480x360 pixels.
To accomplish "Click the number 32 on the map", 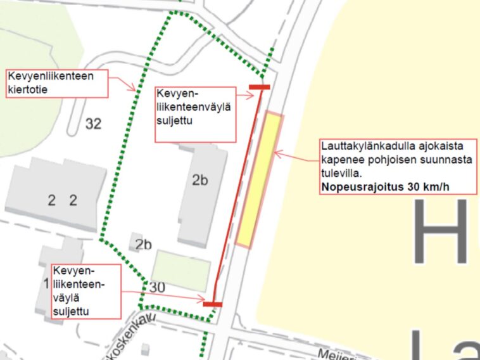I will pos(92,124).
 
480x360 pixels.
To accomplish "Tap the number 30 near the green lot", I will pos(157,287).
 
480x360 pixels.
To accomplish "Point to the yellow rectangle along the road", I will pos(260,179).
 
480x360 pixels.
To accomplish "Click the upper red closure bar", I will pos(260,87).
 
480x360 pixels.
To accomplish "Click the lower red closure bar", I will pos(213,304).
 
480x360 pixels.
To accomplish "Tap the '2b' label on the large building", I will pos(199,179).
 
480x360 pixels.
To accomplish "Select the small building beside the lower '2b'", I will pos(136,241).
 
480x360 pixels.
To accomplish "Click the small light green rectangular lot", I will pos(180,271).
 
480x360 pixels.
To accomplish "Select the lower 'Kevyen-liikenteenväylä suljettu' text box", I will pos(87,291).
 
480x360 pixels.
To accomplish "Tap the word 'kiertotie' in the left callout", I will pos(28,89).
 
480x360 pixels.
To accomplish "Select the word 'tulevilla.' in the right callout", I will pos(342,173).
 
